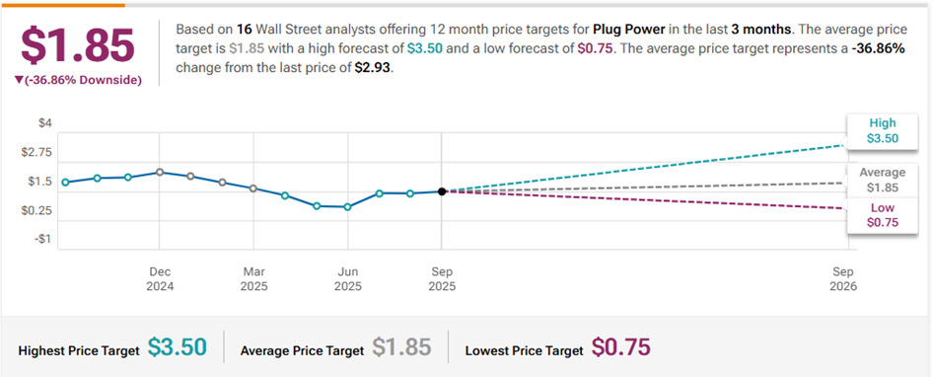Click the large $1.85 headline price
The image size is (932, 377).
(79, 45)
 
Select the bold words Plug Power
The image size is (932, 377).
(620, 30)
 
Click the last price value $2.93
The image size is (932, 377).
(374, 68)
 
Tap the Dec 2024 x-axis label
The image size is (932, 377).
(160, 279)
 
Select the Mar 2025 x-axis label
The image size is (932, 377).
(253, 279)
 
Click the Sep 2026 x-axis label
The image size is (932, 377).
(843, 279)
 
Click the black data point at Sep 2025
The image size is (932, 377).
(442, 191)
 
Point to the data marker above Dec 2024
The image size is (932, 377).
(160, 173)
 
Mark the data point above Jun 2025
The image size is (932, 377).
(348, 207)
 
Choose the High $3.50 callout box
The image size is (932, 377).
(882, 131)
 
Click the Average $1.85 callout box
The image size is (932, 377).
(882, 181)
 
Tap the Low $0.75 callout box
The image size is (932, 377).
(882, 215)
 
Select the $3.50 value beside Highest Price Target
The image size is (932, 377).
(178, 346)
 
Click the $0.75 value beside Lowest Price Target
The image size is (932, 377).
(621, 346)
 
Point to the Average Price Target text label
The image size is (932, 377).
(302, 350)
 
